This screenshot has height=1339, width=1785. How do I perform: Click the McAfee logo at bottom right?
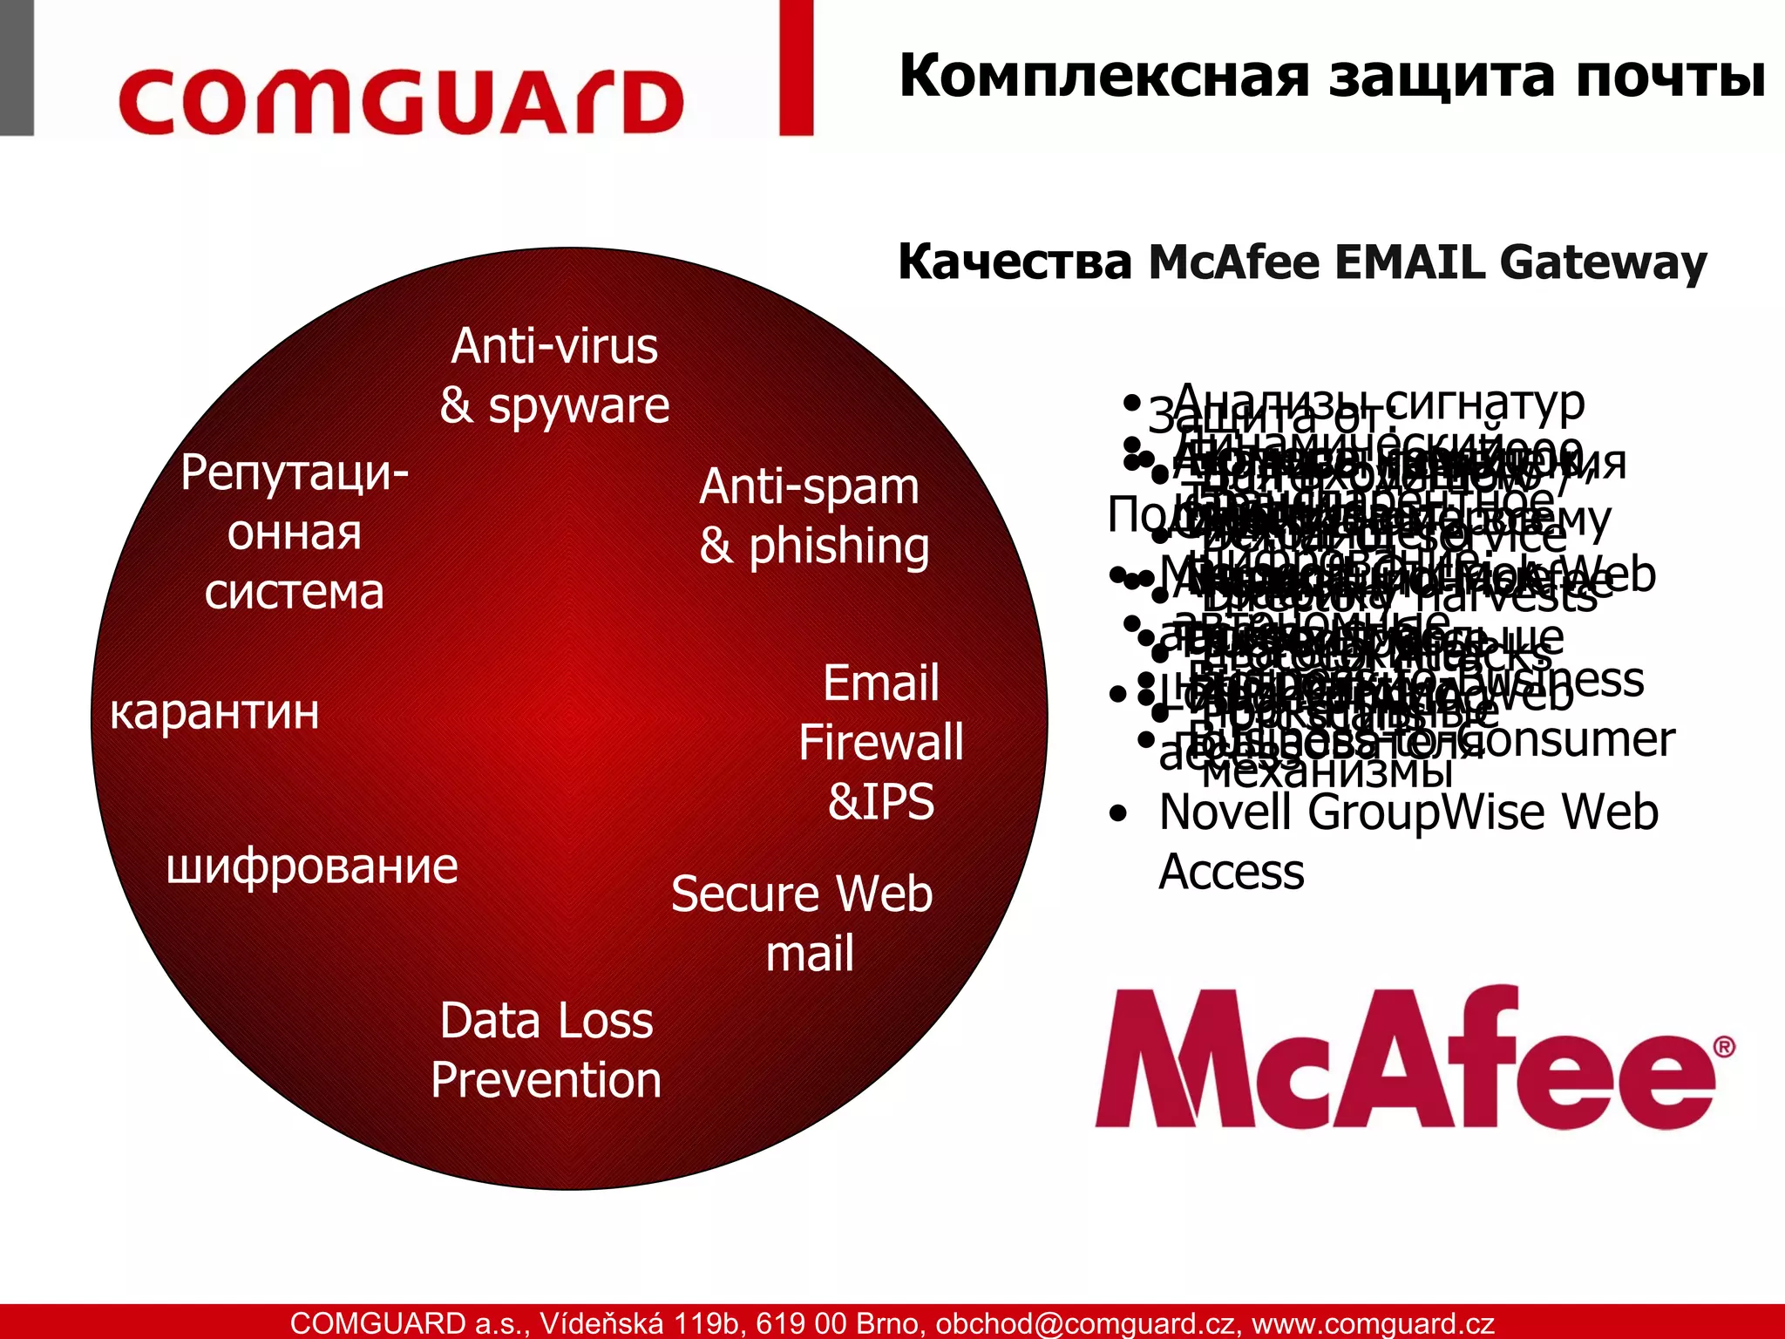pos(1403,1059)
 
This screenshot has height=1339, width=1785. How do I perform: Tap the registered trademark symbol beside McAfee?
pos(1723,1047)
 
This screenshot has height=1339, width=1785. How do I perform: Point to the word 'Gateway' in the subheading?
pos(1603,262)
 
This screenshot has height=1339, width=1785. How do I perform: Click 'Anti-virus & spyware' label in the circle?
pos(554,376)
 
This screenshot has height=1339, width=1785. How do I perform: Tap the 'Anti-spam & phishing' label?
pos(814,516)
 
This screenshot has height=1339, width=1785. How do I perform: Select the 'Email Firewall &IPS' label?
pos(881,742)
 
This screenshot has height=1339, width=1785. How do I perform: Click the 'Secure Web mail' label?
pos(803,923)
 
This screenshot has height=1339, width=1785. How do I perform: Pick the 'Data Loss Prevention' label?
pos(546,1050)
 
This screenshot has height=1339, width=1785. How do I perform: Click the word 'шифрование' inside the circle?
pos(312,867)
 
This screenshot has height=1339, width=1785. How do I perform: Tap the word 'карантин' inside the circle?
pos(215,712)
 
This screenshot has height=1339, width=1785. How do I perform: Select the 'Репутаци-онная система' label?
pos(295,532)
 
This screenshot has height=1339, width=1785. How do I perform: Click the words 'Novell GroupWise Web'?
pos(1408,812)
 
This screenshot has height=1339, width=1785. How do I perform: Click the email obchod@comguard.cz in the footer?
pos(1086,1323)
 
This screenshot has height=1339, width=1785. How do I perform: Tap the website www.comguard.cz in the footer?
pos(1373,1323)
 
